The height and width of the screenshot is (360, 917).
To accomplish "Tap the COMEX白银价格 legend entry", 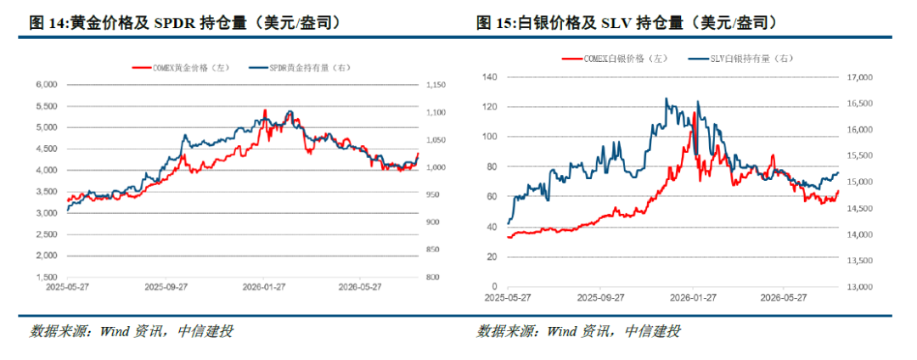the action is click(x=614, y=59).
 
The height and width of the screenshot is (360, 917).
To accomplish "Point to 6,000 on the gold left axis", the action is click(x=46, y=85).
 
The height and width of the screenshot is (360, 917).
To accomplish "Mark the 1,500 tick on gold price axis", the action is click(x=46, y=278).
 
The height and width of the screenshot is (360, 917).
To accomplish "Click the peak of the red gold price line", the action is click(x=265, y=110).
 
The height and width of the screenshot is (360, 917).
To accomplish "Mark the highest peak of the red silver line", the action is click(x=695, y=112).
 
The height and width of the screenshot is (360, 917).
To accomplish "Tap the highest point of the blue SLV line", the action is click(x=667, y=98).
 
